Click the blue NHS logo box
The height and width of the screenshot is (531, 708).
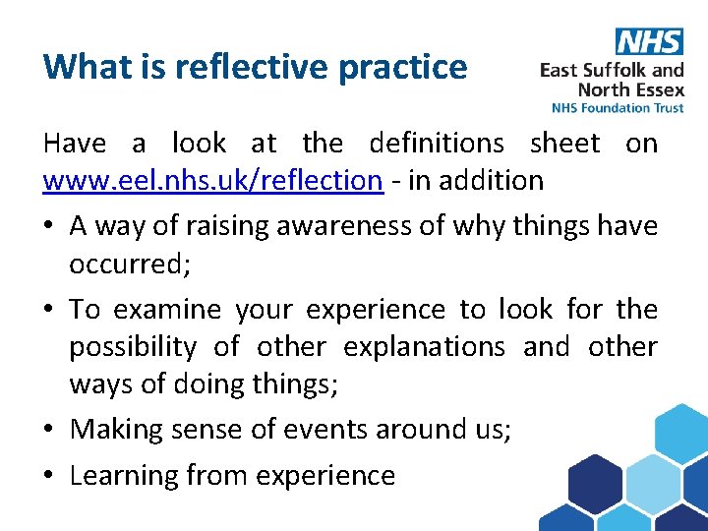pos(649,41)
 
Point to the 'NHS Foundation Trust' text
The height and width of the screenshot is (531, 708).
pos(618,107)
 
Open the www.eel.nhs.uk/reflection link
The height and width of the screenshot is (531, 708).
pos(212,180)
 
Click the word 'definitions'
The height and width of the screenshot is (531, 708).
pos(437,144)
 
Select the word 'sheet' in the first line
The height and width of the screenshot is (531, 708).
pos(564,144)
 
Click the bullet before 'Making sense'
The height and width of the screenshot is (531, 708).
pos(49,430)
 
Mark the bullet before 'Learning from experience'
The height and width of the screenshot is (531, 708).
pos(49,476)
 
